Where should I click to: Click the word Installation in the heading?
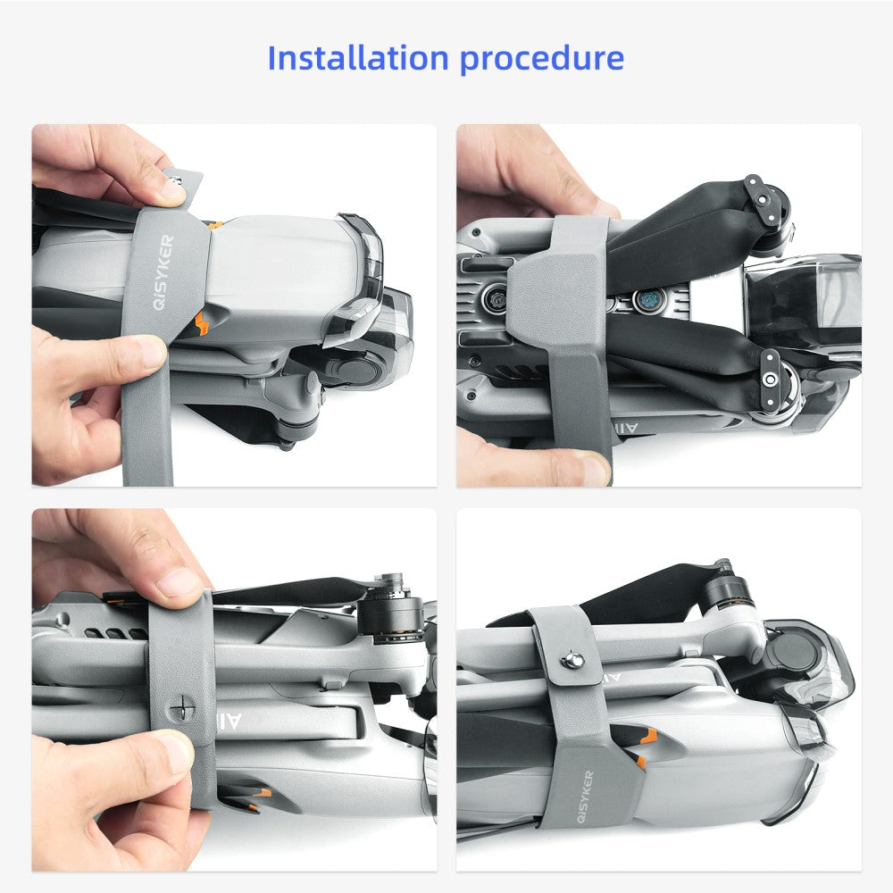pyautogui.click(x=358, y=57)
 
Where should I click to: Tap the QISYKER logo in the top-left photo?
pyautogui.click(x=163, y=272)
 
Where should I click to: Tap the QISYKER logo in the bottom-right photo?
pyautogui.click(x=585, y=797)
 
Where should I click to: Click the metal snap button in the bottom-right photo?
pyautogui.click(x=572, y=661)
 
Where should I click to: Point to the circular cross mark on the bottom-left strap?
pyautogui.click(x=183, y=710)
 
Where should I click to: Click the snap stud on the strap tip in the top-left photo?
pyautogui.click(x=177, y=181)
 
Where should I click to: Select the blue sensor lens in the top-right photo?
pyautogui.click(x=648, y=299)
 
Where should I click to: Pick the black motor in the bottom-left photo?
pyautogui.click(x=391, y=613)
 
